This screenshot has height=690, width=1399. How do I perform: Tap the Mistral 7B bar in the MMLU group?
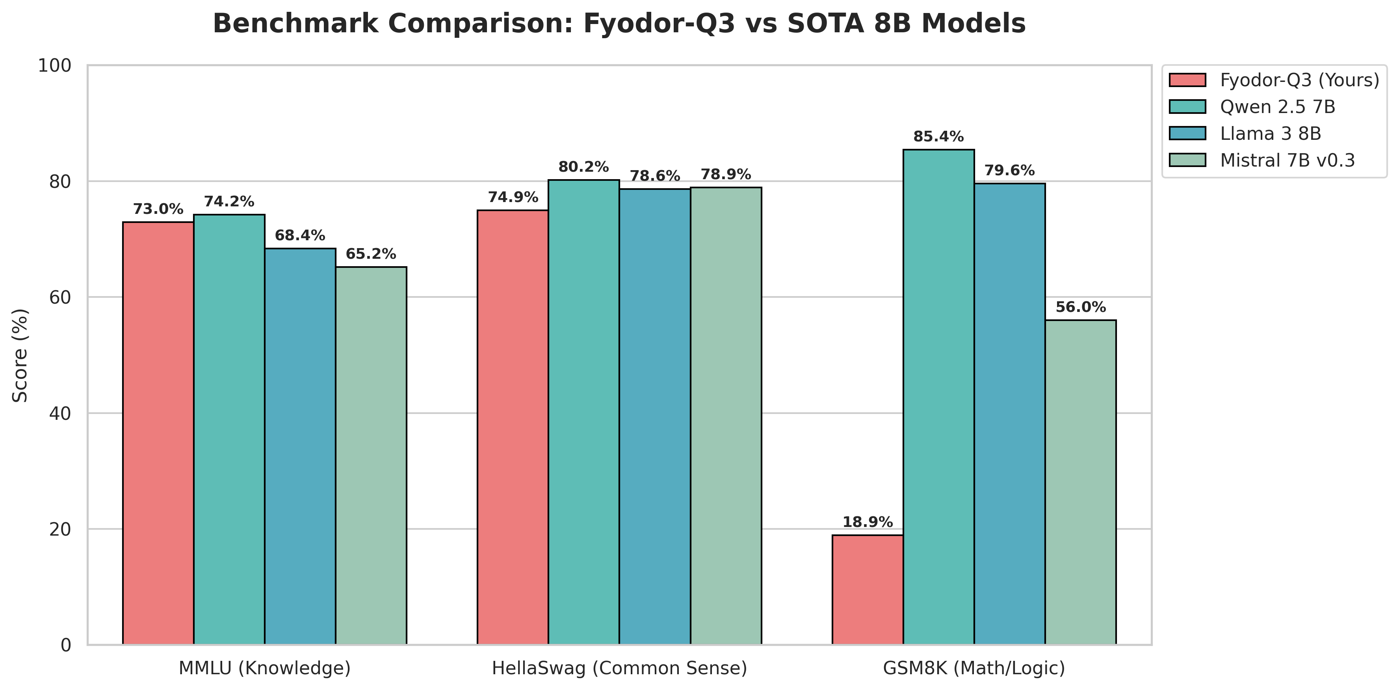371,456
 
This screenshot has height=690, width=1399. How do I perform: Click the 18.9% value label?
867,522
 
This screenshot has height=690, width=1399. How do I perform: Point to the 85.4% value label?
938,137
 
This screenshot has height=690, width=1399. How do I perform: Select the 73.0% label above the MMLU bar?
158,209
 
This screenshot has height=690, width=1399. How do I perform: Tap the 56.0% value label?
1081,307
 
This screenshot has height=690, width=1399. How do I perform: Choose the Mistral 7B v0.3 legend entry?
1287,160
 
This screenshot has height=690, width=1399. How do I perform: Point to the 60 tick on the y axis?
60,297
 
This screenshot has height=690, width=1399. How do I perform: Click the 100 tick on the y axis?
55,66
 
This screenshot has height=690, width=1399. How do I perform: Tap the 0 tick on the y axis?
66,645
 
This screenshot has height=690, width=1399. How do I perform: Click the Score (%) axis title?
20,355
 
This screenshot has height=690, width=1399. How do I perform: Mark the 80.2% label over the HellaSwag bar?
583,167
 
